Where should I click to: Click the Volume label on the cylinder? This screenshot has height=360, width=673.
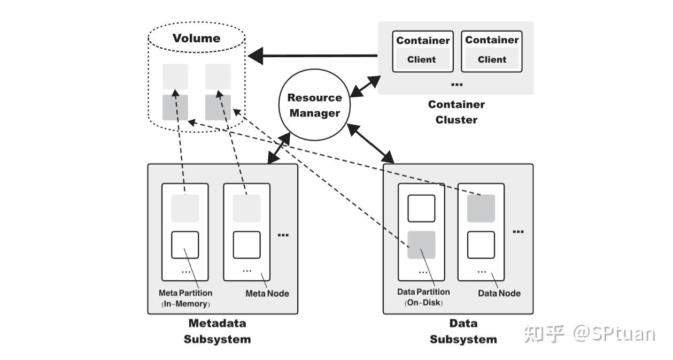click(196, 39)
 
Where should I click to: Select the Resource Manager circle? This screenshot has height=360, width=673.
click(314, 105)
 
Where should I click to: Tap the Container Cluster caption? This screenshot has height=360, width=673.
click(456, 112)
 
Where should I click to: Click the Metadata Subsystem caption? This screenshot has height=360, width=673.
click(217, 331)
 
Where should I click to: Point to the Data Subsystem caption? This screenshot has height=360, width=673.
click(463, 331)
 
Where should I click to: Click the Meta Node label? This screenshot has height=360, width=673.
click(267, 293)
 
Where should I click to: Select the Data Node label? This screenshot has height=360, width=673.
click(499, 293)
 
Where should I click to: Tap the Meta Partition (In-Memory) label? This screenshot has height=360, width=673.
click(185, 298)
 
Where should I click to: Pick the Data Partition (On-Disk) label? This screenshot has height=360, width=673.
click(423, 297)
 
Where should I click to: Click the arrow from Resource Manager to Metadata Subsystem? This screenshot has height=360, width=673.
click(279, 148)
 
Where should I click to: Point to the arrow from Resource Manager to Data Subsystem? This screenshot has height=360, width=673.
click(370, 143)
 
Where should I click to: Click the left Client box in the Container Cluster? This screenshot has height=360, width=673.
click(422, 59)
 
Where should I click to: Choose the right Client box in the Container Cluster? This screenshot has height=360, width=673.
click(492, 59)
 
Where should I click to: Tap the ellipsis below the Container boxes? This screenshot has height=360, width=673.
click(457, 85)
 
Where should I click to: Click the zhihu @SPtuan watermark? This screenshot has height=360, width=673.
click(589, 333)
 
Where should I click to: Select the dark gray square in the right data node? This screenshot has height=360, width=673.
click(481, 209)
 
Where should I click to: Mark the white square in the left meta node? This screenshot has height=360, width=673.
click(185, 245)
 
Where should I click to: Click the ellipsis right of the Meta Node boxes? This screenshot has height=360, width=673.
click(283, 235)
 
